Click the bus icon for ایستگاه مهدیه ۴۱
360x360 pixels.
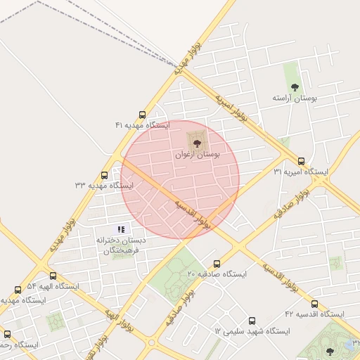point(143,115)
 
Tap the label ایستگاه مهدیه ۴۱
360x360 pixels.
point(143,125)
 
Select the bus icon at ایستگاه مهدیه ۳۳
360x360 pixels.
point(105,175)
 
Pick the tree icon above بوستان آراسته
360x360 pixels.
point(295,87)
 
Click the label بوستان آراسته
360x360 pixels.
point(295,98)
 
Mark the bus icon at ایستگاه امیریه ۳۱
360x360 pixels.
point(302,161)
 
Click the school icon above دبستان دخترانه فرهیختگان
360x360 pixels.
point(121,229)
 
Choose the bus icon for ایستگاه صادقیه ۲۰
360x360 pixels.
point(216,263)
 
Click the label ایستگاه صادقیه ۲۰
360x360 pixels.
point(215,274)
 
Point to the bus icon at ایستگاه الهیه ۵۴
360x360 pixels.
point(53,276)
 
